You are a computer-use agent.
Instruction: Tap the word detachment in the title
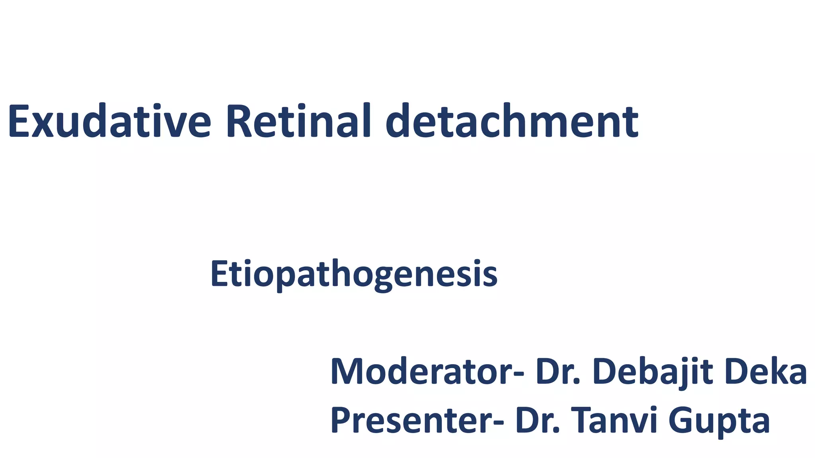coord(512,121)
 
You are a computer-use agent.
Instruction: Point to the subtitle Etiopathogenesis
coord(354,274)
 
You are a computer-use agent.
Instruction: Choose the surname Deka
coord(766,372)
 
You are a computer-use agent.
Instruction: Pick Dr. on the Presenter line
coord(537,421)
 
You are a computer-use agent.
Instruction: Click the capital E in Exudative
coord(19,121)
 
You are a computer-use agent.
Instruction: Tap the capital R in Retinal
coord(239,121)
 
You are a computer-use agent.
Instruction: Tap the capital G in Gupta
coord(681,421)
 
